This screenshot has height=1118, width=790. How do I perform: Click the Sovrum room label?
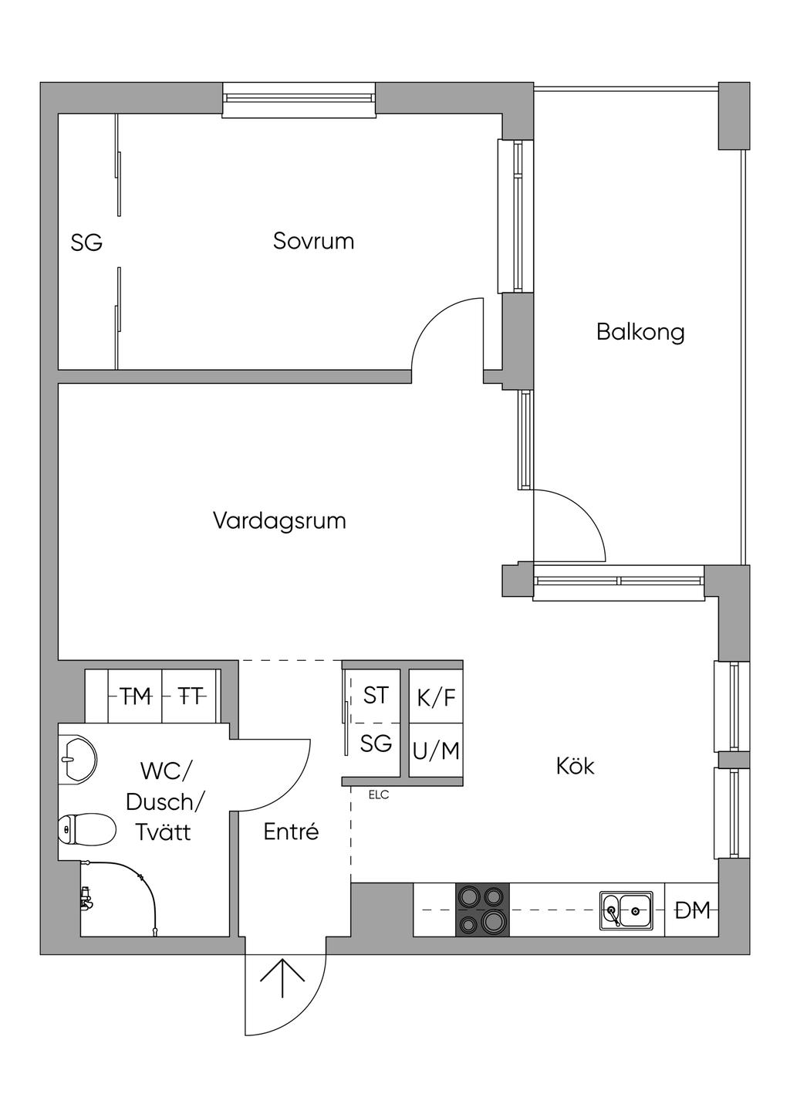tap(313, 241)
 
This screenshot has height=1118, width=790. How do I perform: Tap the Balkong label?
tap(640, 332)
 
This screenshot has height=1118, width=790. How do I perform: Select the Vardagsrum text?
tap(279, 520)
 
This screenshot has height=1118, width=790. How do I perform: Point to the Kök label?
tap(576, 767)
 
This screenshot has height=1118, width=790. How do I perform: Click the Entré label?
tap(291, 832)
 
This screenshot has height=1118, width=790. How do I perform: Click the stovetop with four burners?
tap(483, 910)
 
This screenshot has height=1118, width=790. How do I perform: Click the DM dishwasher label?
tap(692, 911)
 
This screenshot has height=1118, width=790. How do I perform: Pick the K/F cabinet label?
tap(436, 698)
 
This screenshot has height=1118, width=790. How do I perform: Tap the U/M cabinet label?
tap(436, 750)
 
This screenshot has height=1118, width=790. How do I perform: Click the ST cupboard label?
tap(376, 696)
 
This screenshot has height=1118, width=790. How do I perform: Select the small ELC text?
tap(379, 795)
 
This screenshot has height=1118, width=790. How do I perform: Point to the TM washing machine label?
tap(136, 697)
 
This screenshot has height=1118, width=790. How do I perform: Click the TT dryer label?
tap(191, 697)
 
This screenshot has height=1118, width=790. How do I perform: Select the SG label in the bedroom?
tap(86, 243)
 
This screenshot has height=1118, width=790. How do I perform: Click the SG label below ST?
tap(376, 744)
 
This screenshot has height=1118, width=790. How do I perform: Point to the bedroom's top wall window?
tap(299, 100)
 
